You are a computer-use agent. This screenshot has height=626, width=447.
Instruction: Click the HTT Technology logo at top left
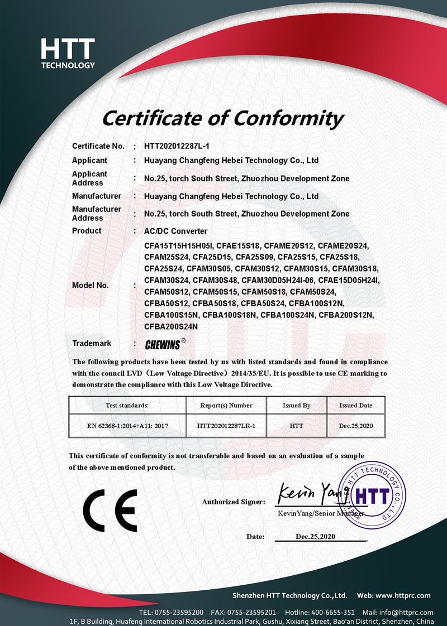[68, 53]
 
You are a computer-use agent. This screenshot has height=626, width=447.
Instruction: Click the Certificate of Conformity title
[222, 118]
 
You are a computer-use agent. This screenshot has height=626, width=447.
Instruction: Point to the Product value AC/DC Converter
[175, 231]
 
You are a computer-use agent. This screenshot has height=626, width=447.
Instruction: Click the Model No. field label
[90, 285]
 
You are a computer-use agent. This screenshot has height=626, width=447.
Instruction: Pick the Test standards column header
[127, 405]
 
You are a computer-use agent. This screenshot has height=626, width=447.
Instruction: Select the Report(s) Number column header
[226, 405]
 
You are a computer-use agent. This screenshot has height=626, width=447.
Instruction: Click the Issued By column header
[297, 405]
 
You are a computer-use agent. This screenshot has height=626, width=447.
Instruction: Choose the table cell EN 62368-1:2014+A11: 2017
[127, 426]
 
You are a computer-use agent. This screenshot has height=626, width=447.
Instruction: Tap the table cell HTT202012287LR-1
[226, 426]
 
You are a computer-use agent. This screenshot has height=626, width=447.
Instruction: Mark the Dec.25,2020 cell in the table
[355, 426]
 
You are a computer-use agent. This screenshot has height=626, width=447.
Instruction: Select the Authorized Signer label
[233, 502]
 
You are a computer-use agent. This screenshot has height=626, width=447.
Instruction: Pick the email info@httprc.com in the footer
[405, 612]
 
